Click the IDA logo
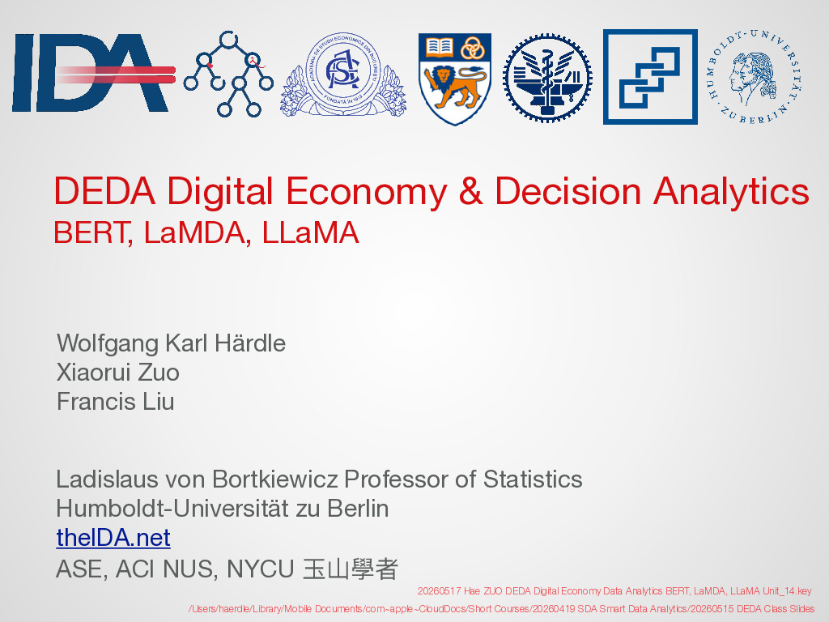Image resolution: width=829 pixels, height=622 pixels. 94,73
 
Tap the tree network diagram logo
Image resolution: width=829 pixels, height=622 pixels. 228,74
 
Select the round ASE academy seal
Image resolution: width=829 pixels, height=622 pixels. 343,74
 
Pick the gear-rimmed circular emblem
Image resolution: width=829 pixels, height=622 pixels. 547,79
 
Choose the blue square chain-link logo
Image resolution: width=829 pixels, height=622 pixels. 650,77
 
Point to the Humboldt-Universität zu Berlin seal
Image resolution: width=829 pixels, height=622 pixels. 753,76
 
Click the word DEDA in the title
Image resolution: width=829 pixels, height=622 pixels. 104,191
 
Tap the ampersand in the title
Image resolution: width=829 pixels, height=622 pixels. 470,191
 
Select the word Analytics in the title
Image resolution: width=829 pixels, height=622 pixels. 731,192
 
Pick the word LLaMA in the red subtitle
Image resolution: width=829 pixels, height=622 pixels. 310,232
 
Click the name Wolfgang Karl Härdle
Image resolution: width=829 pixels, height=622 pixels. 172,343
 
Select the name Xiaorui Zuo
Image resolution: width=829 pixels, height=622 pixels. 118,373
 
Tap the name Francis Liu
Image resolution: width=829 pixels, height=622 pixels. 115,402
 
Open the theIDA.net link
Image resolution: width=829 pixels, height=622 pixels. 113,538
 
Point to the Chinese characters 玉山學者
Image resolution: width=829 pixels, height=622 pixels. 350,569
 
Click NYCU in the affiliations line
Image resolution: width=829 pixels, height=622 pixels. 260,569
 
